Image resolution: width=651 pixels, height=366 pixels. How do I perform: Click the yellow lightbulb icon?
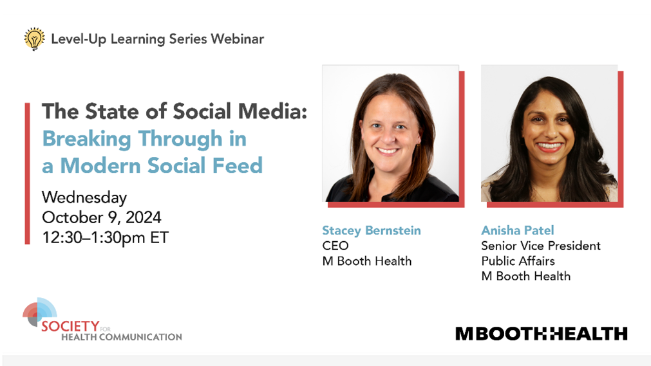[35, 39]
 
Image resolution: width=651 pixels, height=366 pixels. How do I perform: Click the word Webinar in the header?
[238, 39]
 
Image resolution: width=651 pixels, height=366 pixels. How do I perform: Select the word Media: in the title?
[273, 111]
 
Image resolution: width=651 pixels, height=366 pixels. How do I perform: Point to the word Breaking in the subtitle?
[87, 139]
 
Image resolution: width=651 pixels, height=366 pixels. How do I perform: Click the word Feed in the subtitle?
[238, 165]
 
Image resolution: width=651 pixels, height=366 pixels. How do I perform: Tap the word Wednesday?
[84, 197]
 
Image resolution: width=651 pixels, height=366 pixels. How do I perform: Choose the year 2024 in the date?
[143, 217]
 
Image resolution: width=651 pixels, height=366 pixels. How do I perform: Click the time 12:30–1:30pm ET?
[106, 238]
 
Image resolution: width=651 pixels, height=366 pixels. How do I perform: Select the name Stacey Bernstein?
[372, 230]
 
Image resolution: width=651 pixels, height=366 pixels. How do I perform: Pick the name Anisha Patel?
[518, 230]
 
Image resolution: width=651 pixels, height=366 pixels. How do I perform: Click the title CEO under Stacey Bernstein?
[335, 246]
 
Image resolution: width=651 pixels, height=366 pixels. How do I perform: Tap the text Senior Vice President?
[541, 246]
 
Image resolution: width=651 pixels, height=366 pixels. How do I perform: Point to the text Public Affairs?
[518, 261]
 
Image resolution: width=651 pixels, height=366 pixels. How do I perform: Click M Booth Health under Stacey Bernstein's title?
[367, 261]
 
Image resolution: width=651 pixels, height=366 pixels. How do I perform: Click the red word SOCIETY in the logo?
[70, 326]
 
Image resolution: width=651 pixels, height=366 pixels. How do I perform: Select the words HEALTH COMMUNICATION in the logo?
[122, 337]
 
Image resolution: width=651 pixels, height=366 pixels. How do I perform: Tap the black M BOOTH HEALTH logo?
[542, 334]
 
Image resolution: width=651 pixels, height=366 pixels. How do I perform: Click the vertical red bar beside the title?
[28, 174]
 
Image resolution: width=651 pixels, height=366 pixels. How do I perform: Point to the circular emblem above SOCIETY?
[39, 311]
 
